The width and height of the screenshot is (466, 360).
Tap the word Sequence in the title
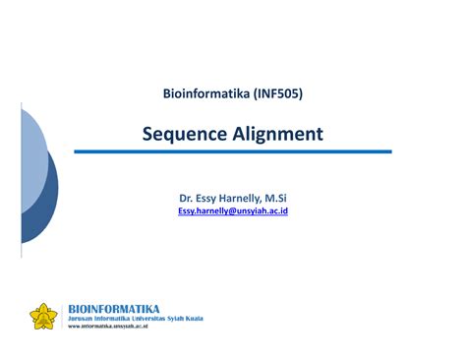[x=182, y=133]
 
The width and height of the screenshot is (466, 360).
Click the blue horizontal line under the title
[x=233, y=151]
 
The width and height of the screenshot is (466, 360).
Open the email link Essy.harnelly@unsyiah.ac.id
[x=233, y=211]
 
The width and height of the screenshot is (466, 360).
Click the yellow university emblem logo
[x=44, y=316]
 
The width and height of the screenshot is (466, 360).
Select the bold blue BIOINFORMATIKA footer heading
[x=113, y=308]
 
